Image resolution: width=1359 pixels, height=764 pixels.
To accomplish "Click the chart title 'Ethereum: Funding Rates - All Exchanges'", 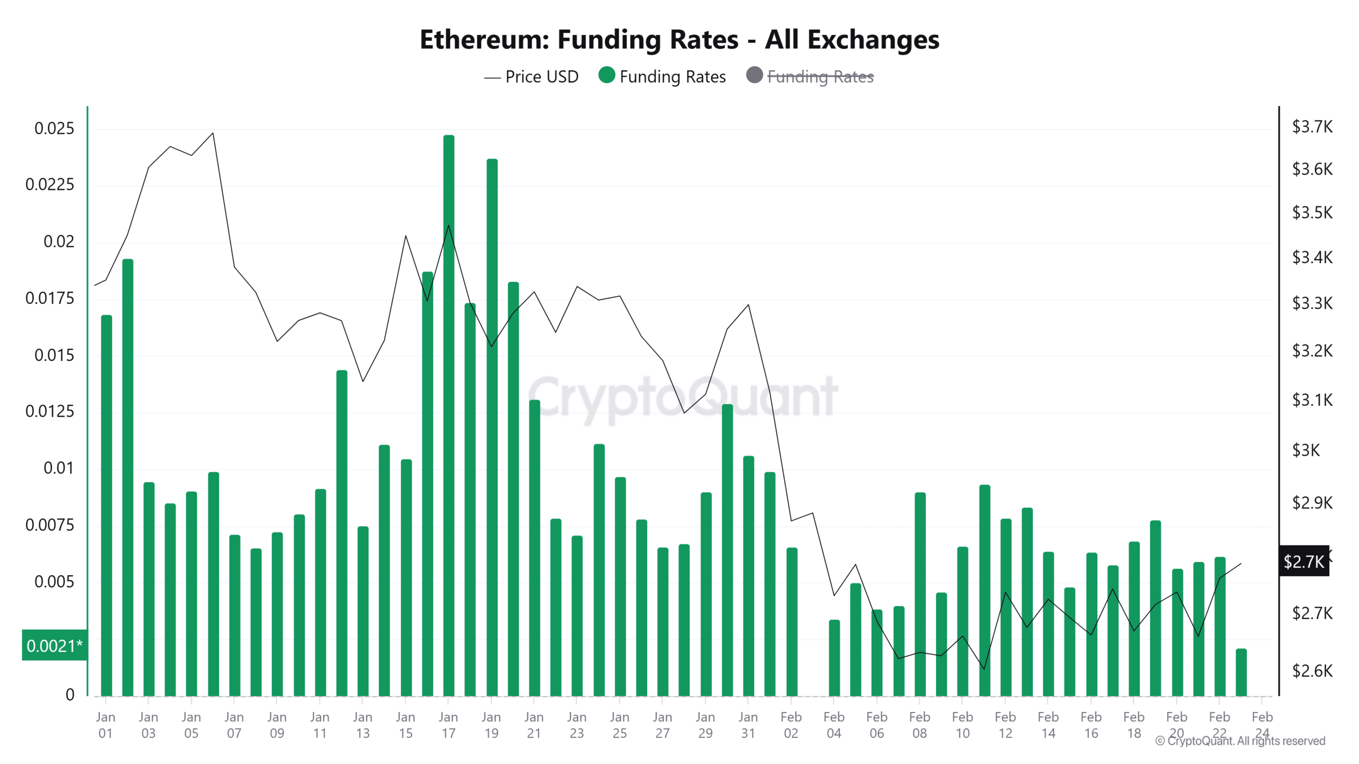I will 679,40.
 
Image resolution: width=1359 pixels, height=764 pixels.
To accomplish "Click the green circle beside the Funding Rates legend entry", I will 606,75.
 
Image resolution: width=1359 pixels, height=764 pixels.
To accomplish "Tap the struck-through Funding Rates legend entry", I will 820,77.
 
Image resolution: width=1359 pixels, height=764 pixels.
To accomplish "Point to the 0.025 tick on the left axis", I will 54,128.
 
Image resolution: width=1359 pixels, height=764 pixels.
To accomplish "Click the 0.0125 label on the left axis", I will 50,411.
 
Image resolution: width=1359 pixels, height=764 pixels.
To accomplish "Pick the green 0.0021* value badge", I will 54,646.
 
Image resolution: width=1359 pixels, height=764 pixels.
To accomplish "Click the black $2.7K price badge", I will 1303,561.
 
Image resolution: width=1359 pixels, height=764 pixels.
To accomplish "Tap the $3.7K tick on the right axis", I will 1312,127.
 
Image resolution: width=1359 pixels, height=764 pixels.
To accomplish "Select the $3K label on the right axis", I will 1305,450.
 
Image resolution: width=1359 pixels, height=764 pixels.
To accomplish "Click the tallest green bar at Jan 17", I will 449,414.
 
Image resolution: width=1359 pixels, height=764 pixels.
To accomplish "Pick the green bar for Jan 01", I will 106,504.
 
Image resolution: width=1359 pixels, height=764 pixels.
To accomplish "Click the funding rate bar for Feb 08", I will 920,594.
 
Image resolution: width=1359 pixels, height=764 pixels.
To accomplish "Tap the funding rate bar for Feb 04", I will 834,658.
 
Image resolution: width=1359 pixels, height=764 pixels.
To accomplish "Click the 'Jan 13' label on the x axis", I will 363,725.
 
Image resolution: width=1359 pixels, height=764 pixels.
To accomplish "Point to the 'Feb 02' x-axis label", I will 791,725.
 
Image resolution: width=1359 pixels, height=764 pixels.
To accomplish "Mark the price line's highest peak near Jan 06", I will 213,133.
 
